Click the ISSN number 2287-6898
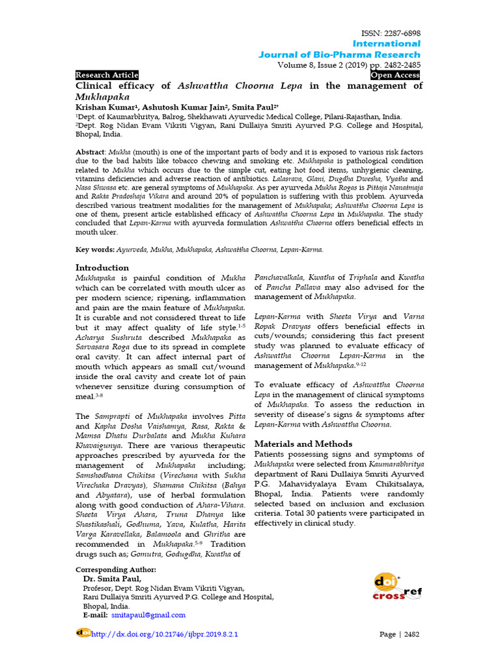click(x=401, y=33)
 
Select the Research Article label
click(x=107, y=75)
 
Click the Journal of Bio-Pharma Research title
click(x=339, y=55)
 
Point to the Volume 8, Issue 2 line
click(x=349, y=64)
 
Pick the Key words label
click(x=95, y=249)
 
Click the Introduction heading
click(x=102, y=268)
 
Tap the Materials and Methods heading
click(x=303, y=444)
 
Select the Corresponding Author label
click(x=116, y=569)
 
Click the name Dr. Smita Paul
click(x=112, y=578)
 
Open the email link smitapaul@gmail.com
click(x=148, y=615)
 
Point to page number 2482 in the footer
click(x=411, y=634)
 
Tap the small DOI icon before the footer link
click(x=83, y=632)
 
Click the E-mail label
click(x=95, y=615)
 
